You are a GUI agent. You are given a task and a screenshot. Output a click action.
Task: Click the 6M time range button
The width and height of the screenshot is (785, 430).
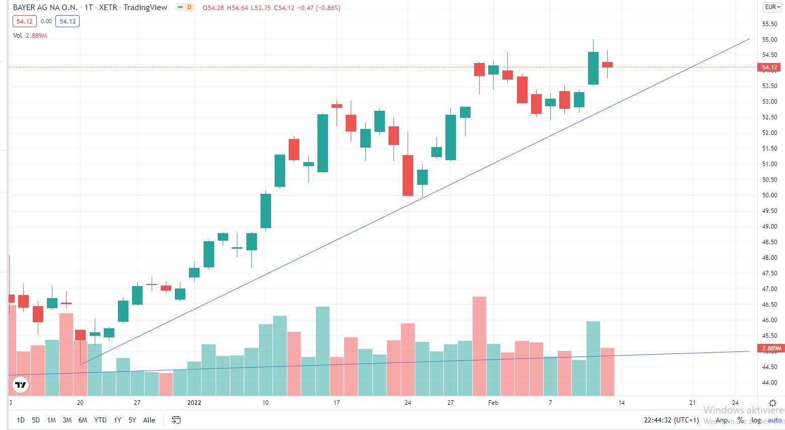click(x=83, y=420)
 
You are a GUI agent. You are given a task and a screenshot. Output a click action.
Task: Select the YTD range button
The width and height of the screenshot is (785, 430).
click(x=100, y=420)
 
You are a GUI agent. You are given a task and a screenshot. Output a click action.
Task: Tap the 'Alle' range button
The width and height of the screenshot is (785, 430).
click(x=149, y=420)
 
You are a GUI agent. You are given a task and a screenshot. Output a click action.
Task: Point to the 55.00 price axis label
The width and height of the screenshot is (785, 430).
click(x=769, y=39)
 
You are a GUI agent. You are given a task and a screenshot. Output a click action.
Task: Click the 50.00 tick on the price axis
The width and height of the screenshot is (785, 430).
click(x=769, y=195)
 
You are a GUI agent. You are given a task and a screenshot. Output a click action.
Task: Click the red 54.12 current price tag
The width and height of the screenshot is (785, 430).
click(x=769, y=67)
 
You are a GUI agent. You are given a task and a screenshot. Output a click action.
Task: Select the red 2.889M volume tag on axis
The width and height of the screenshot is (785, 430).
click(x=771, y=348)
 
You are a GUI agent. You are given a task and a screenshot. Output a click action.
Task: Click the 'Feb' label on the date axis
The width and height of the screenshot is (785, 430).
click(x=493, y=403)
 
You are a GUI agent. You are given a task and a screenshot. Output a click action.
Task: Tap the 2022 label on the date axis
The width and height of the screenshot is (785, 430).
click(x=194, y=403)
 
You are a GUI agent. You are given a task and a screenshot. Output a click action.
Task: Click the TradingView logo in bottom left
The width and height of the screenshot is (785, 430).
click(x=20, y=385)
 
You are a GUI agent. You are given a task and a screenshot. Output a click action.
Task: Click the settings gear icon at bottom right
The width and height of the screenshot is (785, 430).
click(x=772, y=403)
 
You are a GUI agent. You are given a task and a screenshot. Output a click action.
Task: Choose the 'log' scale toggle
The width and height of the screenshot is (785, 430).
click(x=756, y=420)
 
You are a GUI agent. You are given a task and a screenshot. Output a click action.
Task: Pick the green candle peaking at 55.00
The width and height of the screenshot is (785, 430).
click(x=593, y=68)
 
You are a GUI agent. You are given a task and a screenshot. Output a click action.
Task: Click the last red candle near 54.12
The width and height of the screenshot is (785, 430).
click(x=607, y=64)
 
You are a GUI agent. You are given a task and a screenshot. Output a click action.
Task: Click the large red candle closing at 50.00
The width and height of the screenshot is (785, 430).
click(x=408, y=175)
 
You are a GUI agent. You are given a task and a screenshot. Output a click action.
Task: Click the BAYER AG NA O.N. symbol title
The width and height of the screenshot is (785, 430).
click(x=45, y=8)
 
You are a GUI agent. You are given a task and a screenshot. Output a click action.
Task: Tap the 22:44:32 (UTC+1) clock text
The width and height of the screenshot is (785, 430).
click(x=671, y=420)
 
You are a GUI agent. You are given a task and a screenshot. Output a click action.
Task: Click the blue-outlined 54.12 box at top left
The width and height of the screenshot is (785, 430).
click(x=68, y=21)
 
